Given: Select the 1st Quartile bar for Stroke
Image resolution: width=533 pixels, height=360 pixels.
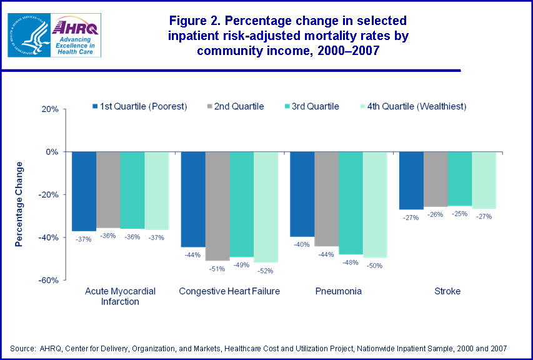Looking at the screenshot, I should click(411, 181).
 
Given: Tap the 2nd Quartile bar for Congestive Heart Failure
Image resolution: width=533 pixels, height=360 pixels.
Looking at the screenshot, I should click(217, 206).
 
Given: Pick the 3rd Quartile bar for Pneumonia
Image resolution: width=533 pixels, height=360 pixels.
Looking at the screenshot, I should click(350, 202).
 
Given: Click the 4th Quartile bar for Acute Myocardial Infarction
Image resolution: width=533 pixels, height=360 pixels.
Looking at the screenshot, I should click(156, 191).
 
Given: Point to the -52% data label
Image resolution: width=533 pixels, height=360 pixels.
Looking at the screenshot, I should click(266, 271).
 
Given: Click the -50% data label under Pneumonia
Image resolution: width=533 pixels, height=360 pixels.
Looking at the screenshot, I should click(375, 266).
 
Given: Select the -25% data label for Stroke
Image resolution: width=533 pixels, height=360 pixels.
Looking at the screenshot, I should click(459, 214).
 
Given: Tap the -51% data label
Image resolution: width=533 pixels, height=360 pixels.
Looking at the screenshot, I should click(217, 269).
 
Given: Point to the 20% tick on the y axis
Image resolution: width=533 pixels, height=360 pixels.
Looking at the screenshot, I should click(50, 109).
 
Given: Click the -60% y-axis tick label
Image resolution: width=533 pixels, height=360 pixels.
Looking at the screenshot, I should click(48, 281).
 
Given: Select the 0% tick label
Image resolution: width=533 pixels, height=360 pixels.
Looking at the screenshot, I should click(52, 152).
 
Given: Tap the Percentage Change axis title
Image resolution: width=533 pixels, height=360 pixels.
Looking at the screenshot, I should click(19, 204).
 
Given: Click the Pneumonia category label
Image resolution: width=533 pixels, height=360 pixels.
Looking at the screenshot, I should click(338, 291).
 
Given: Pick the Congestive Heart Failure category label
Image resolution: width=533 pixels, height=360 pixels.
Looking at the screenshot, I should click(229, 291).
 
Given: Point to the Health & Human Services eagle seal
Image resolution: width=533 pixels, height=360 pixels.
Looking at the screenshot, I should click(27, 34).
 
